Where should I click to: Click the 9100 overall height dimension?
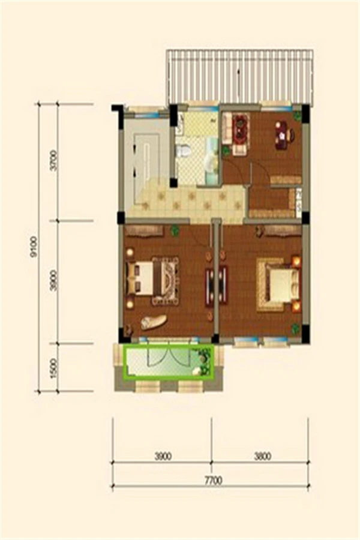[x=34, y=247]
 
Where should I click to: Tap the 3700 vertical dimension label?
[x=53, y=161]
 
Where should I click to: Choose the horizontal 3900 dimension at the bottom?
[x=163, y=457]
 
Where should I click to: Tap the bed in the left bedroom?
[x=152, y=280]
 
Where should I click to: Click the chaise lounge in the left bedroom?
[x=154, y=322]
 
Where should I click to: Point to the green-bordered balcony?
[x=167, y=361]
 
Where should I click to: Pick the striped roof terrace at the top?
[x=240, y=76]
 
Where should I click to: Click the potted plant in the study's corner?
[x=297, y=116]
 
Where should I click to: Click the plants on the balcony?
[x=203, y=361]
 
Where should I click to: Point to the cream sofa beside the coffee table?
[x=227, y=128]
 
